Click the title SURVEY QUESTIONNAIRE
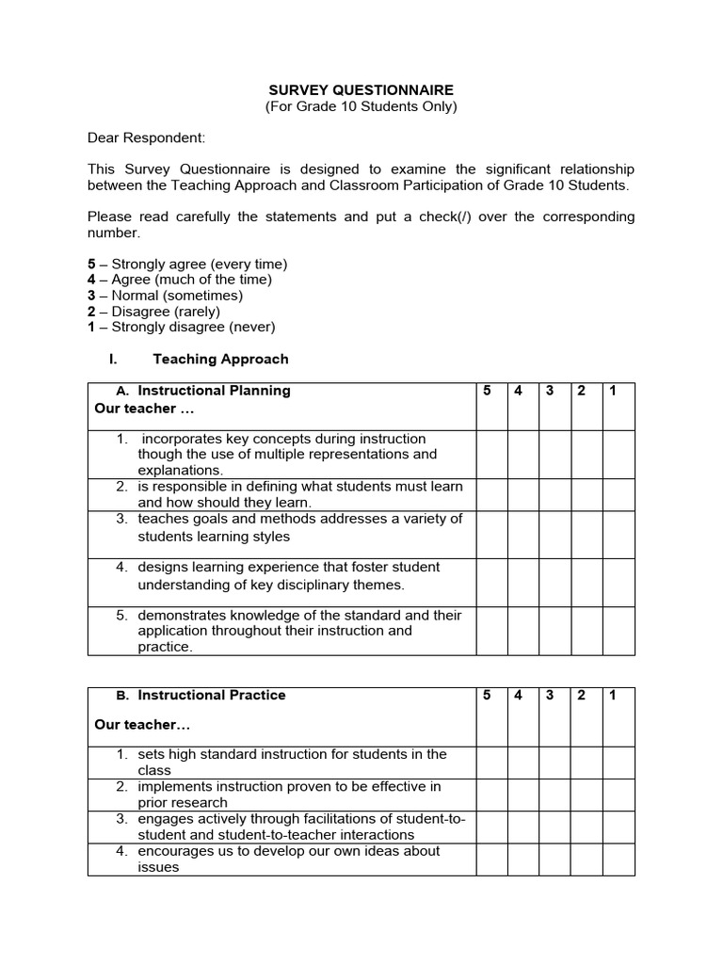coord(361,90)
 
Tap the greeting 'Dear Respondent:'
coord(146,137)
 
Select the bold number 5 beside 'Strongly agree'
coord(91,264)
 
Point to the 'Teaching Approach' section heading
coord(220,359)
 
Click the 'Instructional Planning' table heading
coord(214,391)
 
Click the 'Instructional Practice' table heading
coord(212,696)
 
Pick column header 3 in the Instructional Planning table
coord(549,391)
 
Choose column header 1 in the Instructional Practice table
coord(613,696)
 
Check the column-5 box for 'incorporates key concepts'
coord(491,455)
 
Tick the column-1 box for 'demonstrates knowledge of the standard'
coord(619,631)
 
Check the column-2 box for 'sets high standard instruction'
coord(586,763)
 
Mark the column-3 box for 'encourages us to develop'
coord(554,860)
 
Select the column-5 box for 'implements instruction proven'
coord(491,795)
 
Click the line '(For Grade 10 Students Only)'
coord(361,106)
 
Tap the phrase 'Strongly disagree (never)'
coord(193,328)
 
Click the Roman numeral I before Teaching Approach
coord(112,359)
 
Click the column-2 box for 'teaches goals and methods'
coord(586,535)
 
